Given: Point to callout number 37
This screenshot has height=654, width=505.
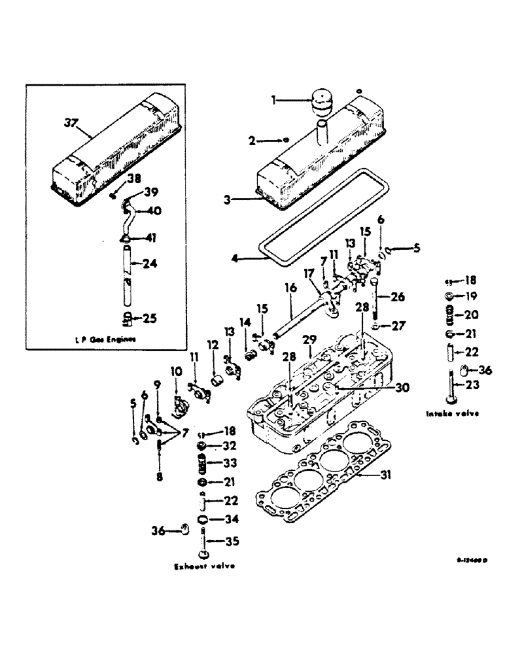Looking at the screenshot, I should (x=71, y=122).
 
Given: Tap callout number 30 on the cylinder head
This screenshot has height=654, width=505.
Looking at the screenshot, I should (x=402, y=387).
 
